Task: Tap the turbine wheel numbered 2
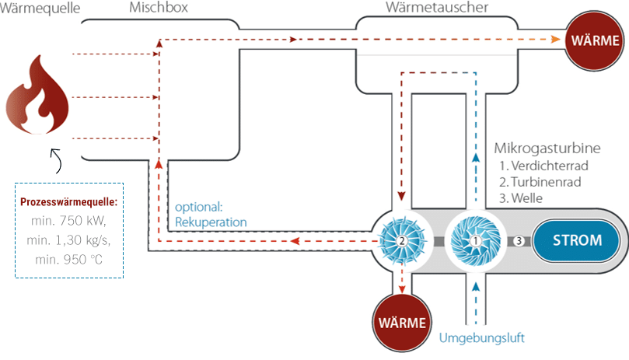coord(401,241)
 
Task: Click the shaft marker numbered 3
coord(519,241)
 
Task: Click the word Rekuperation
coord(211,222)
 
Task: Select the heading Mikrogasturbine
coord(547,148)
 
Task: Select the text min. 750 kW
coord(70,220)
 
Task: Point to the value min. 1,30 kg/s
coord(70,239)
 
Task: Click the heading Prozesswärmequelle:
coord(69,202)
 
